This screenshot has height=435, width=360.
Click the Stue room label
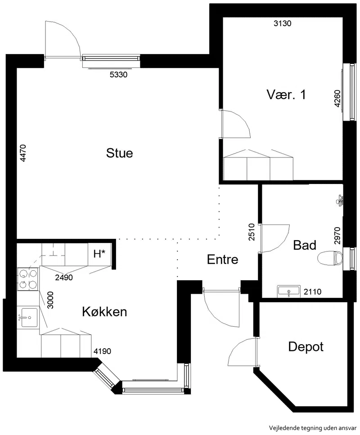click(119, 153)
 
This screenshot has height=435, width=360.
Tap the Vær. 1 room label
click(286, 94)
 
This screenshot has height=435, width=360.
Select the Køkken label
click(105, 312)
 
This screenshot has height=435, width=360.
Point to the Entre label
click(223, 260)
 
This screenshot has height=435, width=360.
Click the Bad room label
click(305, 245)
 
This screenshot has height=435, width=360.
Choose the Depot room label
click(306, 347)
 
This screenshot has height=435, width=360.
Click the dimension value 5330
click(118, 74)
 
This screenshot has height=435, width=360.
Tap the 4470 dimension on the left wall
click(23, 153)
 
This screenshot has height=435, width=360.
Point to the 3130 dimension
click(283, 23)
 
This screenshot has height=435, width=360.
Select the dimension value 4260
click(337, 99)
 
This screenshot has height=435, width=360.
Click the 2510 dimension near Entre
click(252, 232)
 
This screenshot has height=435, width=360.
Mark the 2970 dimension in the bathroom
click(337, 236)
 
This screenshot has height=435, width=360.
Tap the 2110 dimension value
click(313, 291)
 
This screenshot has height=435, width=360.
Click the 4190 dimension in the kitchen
click(102, 351)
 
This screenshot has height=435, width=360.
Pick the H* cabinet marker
click(99, 254)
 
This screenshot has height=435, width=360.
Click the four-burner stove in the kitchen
click(28, 279)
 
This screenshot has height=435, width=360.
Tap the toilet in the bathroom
click(330, 258)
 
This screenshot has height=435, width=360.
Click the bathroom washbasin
click(288, 291)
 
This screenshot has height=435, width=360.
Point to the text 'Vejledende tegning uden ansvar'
click(313, 427)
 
